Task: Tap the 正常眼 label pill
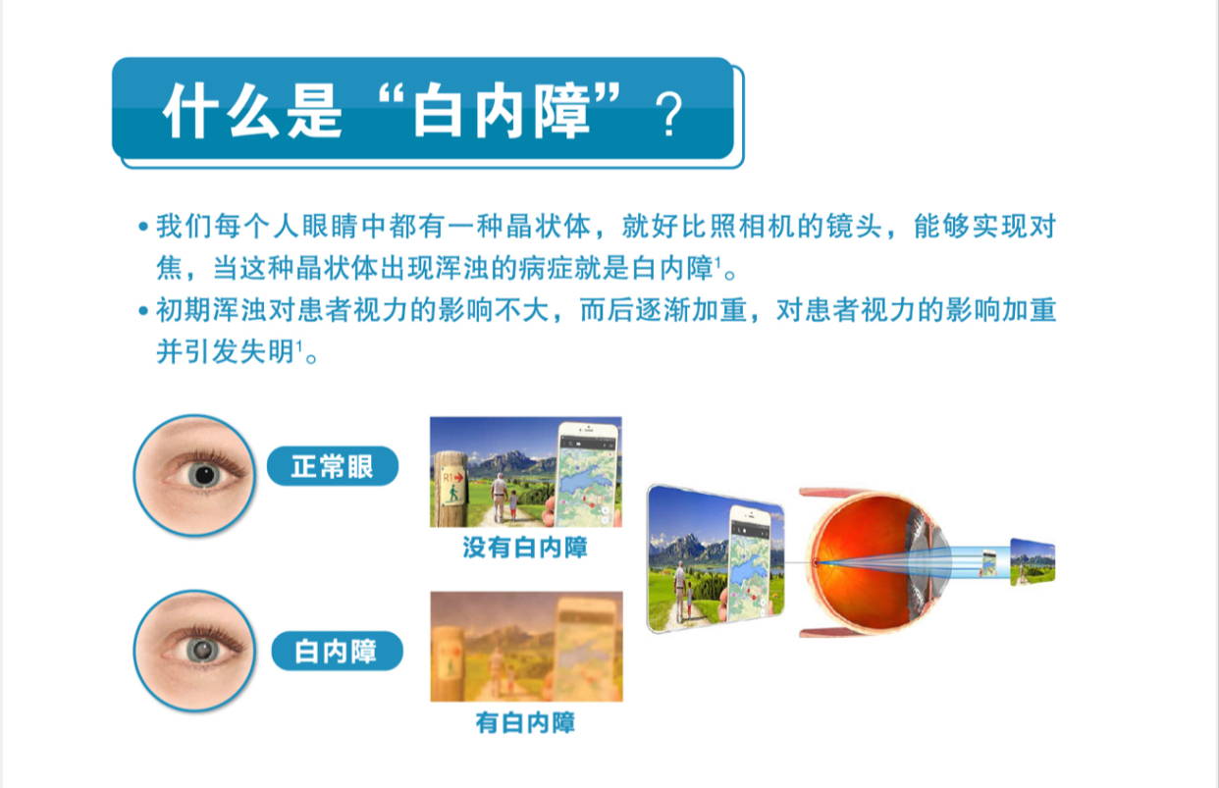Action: point(333,466)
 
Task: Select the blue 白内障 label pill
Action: point(337,651)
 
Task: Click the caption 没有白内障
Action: point(525,548)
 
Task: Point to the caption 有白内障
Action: point(526,722)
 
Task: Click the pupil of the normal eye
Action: point(204,475)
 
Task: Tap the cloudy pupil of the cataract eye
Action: point(204,650)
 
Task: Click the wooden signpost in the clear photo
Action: point(450,489)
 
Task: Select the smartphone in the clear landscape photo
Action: point(587,473)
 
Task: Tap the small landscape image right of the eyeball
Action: point(1033,562)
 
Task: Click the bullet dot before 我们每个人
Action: point(143,227)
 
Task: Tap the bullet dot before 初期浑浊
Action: point(143,311)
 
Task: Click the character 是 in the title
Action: point(314,112)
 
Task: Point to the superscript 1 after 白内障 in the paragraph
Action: point(717,262)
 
